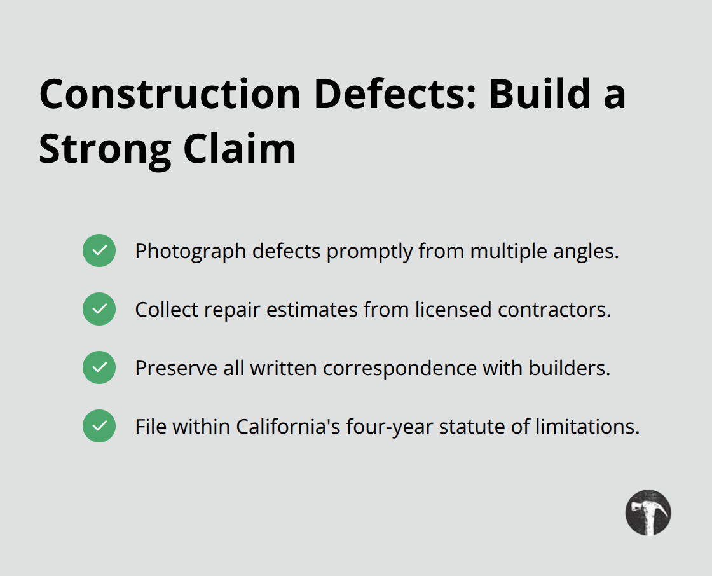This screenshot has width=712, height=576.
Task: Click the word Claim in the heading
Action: [x=240, y=149]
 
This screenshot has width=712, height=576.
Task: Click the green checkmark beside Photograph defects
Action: [x=99, y=250]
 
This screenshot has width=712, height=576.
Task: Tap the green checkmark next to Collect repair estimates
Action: [x=99, y=309]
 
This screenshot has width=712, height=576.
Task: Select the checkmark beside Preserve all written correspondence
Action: [x=99, y=367]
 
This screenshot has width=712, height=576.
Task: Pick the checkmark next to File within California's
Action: [x=99, y=426]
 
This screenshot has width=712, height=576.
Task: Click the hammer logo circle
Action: [x=648, y=512]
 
